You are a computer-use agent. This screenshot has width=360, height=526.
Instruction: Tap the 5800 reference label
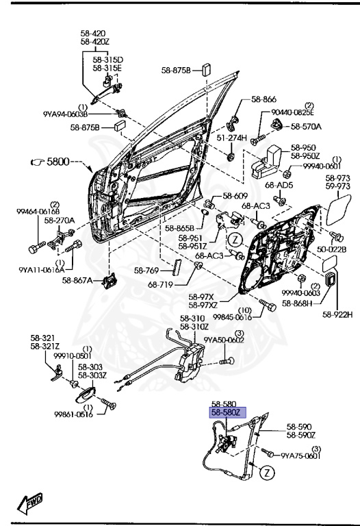pyautogui.click(x=59, y=162)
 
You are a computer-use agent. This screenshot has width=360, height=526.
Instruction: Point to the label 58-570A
pyautogui.click(x=306, y=127)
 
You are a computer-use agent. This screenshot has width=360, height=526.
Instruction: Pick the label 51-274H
pyautogui.click(x=231, y=138)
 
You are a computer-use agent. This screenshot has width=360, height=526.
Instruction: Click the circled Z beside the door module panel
pyautogui.click(x=235, y=240)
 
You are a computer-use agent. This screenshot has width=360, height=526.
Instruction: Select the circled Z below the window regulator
pyautogui.click(x=268, y=473)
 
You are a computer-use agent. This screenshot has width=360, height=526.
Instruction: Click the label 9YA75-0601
pyautogui.click(x=299, y=455)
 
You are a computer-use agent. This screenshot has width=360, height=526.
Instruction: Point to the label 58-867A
pyautogui.click(x=77, y=279)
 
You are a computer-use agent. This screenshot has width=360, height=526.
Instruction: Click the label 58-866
pyautogui.click(x=263, y=99)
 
